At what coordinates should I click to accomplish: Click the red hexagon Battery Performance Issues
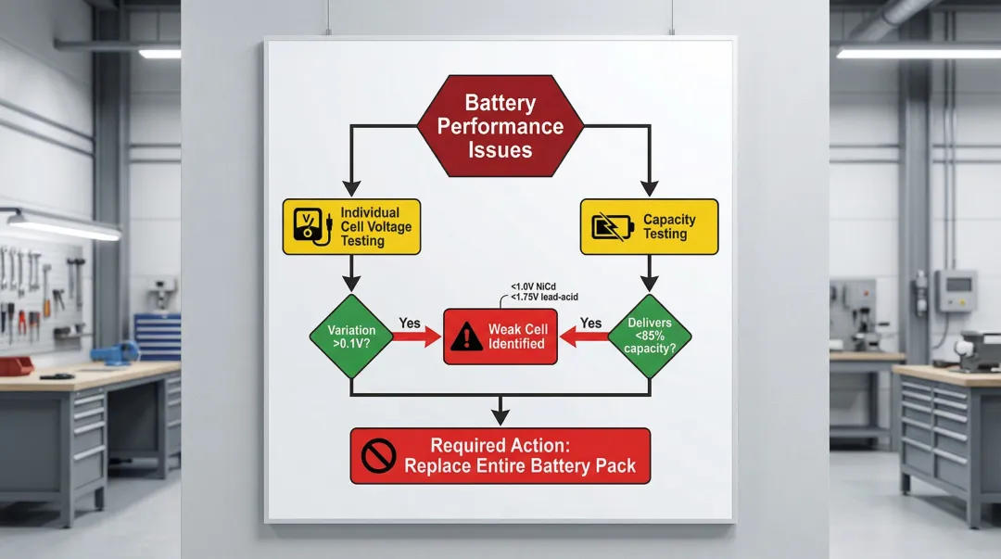coord(500,126)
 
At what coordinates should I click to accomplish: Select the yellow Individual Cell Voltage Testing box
coord(351,227)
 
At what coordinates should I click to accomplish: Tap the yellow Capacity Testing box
coord(649,227)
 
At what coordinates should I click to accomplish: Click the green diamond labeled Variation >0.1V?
coord(351,337)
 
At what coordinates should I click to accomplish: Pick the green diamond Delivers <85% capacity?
coord(649,337)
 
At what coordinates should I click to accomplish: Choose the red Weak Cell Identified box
coord(500,337)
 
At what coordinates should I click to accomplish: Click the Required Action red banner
coord(500,455)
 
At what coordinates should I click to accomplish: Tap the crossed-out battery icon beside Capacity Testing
coord(608,227)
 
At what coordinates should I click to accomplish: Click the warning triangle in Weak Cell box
coord(465,337)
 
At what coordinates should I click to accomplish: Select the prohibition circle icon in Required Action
coord(377,456)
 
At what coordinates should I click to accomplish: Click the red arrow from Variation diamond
coord(417,337)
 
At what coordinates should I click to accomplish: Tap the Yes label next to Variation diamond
coord(410,324)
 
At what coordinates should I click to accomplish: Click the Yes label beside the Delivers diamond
coord(590,324)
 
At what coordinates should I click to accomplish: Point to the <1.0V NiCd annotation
coord(533,286)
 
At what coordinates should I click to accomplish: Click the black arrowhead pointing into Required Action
coord(500,418)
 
